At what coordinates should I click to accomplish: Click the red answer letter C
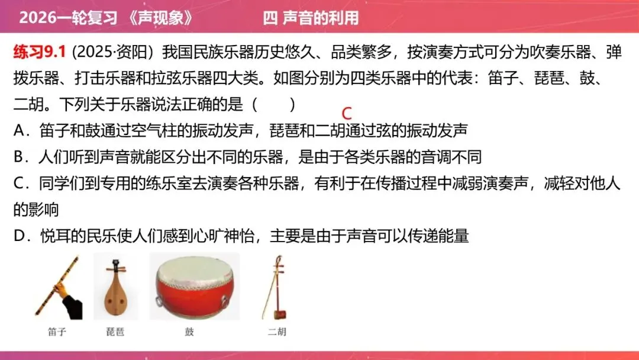(347, 113)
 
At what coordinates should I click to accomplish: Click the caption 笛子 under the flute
(57, 332)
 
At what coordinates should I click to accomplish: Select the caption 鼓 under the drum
(189, 332)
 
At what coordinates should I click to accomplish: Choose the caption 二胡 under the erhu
(276, 332)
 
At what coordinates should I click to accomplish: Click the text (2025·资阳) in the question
(112, 52)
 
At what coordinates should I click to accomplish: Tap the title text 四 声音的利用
(311, 17)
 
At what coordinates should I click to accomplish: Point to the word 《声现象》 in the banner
(160, 17)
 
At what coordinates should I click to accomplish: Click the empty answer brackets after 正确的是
(273, 104)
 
